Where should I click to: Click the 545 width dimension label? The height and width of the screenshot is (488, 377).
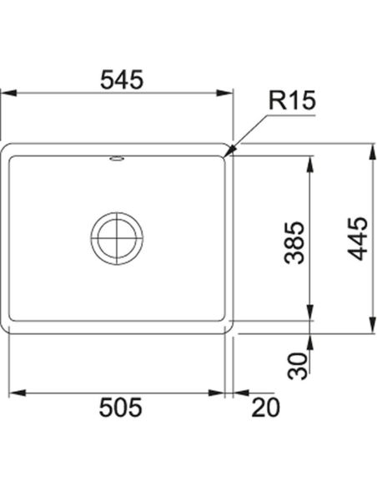[122, 79]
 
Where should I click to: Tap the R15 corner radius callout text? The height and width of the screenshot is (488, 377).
[292, 100]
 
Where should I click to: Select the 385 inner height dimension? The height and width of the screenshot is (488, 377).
[294, 243]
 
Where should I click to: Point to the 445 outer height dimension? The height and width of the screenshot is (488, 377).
[358, 239]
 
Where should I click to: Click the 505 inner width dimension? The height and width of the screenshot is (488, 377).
[120, 408]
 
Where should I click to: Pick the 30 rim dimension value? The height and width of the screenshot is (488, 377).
[297, 366]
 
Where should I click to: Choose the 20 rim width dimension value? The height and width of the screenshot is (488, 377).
[265, 408]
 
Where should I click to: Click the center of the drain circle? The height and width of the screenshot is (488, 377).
[117, 238]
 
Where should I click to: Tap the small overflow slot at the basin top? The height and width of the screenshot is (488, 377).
[117, 159]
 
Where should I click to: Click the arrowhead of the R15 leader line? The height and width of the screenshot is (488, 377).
[229, 151]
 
